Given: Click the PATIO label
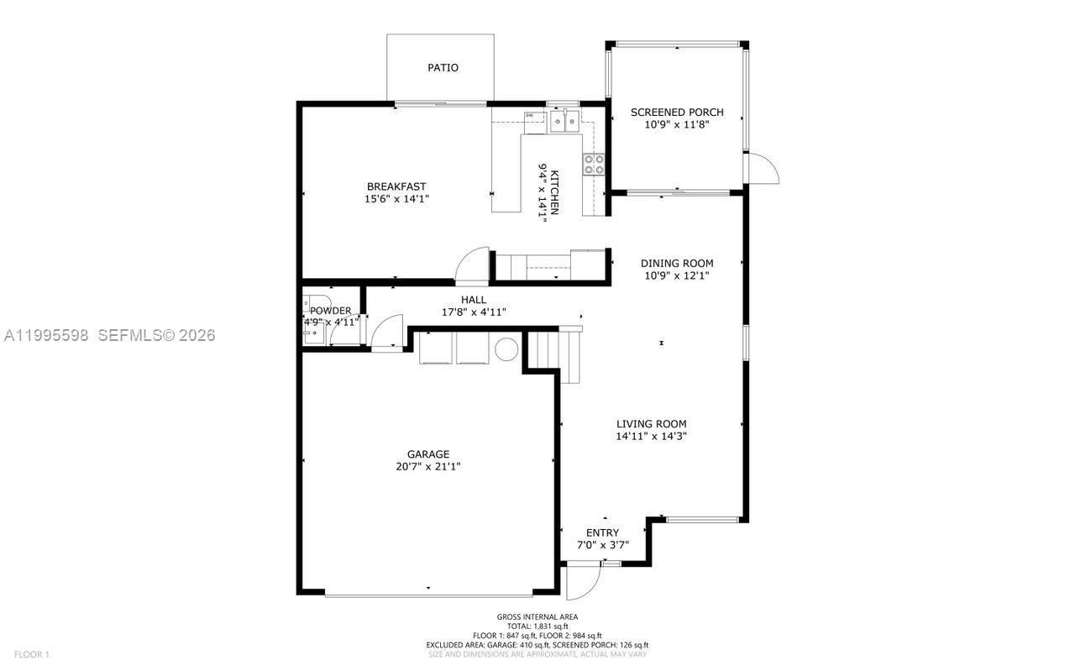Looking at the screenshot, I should (x=443, y=67).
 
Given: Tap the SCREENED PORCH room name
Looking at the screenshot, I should (x=677, y=112).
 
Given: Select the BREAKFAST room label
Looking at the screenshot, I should (x=396, y=186).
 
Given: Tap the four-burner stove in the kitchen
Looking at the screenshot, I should (x=594, y=164).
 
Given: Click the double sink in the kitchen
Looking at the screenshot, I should (x=564, y=123).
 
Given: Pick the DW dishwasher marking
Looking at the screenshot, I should (x=530, y=116).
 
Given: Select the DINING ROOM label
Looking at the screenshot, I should (x=677, y=263).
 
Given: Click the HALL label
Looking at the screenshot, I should (x=473, y=300).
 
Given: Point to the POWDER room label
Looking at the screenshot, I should (x=331, y=311).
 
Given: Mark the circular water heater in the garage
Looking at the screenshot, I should (x=506, y=349).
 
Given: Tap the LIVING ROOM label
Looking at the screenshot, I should (x=651, y=424).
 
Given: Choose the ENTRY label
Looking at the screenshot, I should (x=602, y=532).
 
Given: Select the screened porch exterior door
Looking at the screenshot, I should (x=763, y=169).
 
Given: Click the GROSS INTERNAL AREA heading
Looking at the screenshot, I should (x=537, y=616).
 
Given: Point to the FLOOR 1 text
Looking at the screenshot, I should (x=32, y=654).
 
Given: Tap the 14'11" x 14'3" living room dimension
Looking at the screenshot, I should (x=651, y=437).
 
